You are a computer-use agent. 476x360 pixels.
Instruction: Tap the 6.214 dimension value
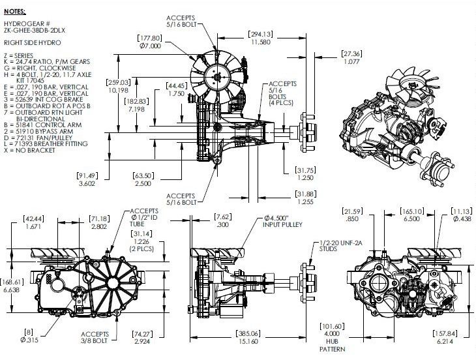coord(446,342)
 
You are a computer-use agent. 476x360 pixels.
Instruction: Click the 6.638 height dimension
coord(11,288)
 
